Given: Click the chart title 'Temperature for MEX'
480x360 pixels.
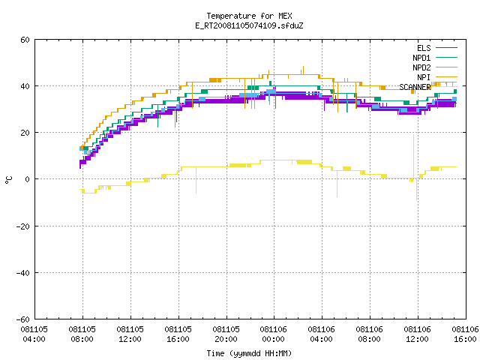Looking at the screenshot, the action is point(249,16).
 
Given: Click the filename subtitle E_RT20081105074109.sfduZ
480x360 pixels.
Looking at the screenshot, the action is point(249,25).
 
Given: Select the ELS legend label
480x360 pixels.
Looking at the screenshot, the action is point(424,48).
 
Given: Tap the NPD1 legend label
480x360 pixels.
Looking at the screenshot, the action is point(421,58).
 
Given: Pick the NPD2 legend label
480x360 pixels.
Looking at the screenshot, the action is point(421,67).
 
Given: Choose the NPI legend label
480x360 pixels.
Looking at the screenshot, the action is point(424,77).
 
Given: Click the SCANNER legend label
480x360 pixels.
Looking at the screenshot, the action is point(415,87).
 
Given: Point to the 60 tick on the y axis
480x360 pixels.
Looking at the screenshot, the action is point(25,40).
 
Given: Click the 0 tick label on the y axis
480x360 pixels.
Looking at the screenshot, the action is point(28,179).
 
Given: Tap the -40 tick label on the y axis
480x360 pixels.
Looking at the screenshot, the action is point(23,273).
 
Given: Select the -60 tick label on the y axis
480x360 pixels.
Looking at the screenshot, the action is point(23,319).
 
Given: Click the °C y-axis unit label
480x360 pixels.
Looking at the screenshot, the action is point(8,180).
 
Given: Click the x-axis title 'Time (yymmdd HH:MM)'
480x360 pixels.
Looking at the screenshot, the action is point(249,353).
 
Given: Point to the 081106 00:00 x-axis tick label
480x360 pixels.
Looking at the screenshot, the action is point(273,334).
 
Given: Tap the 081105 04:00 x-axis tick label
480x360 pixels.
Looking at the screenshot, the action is point(34,334).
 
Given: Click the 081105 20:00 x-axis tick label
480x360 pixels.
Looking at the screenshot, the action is point(226,334).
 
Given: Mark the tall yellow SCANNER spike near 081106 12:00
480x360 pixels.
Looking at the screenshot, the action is point(413,156).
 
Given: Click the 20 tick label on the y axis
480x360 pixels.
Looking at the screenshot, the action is point(25,133).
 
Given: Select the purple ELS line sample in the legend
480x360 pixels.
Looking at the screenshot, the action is point(446,48).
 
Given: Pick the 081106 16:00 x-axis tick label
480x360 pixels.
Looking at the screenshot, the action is point(465,334).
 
